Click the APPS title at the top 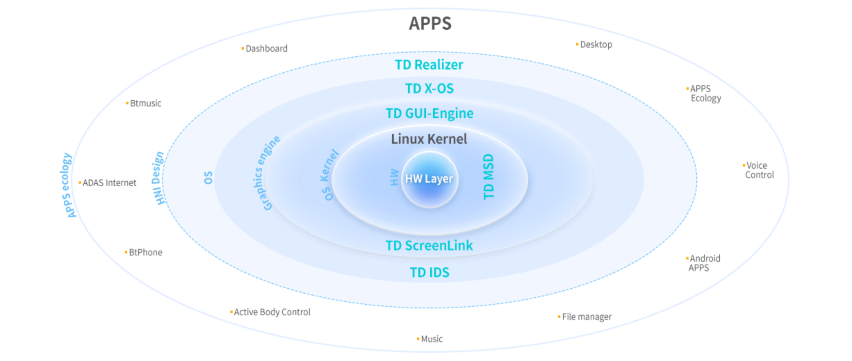[429, 24]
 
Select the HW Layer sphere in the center [429, 179]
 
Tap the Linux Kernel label [429, 139]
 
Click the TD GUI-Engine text [429, 113]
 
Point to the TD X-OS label [429, 89]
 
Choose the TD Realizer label [429, 65]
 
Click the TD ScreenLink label [429, 246]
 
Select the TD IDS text [429, 273]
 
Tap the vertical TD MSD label [489, 176]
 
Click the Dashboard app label [266, 49]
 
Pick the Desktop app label [596, 44]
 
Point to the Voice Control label [760, 170]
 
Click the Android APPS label [703, 262]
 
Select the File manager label [587, 317]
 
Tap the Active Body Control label [272, 312]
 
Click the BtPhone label [145, 252]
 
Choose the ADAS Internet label [109, 183]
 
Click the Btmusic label [145, 103]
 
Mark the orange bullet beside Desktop [577, 44]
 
